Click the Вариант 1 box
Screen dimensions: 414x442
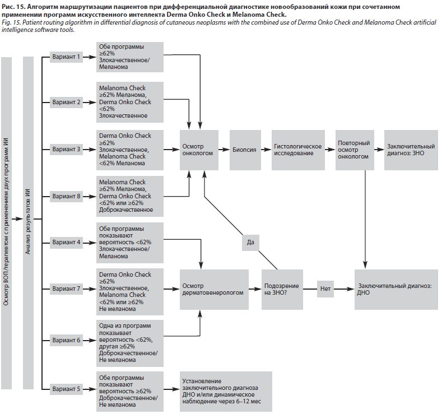(x=67, y=57)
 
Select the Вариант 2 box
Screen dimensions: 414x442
(x=67, y=103)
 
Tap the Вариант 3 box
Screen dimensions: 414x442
(x=67, y=150)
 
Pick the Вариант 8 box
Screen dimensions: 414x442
(x=67, y=196)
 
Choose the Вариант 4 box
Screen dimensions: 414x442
(x=67, y=243)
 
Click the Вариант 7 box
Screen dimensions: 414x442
(x=67, y=289)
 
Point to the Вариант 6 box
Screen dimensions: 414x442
(x=67, y=339)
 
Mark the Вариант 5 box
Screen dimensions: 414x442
(x=67, y=388)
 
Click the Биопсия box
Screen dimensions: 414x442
(x=244, y=150)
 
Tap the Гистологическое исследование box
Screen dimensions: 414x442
(x=298, y=150)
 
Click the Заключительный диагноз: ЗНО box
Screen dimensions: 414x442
(x=410, y=150)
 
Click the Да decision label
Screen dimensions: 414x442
(x=250, y=243)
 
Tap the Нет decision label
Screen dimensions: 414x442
(x=326, y=289)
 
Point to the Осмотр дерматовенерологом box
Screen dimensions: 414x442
(x=213, y=289)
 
